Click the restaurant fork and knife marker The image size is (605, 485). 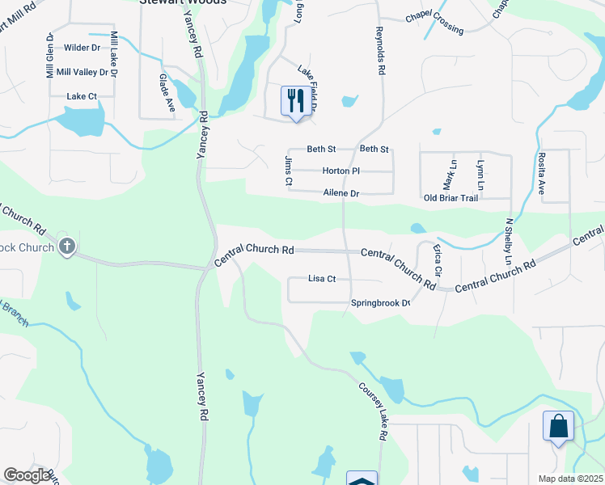tap(296, 101)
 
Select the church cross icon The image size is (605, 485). tap(67, 246)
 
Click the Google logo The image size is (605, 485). tap(27, 475)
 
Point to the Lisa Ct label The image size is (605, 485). tap(322, 279)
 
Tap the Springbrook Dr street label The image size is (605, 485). tap(381, 304)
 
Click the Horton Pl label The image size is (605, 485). tap(341, 171)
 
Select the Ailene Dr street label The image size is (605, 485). tap(341, 193)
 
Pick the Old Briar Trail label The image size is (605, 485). tap(451, 198)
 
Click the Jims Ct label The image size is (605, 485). tap(287, 171)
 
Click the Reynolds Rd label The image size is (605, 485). tap(378, 51)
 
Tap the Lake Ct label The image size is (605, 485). tap(82, 96)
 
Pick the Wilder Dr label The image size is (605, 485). tap(82, 48)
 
